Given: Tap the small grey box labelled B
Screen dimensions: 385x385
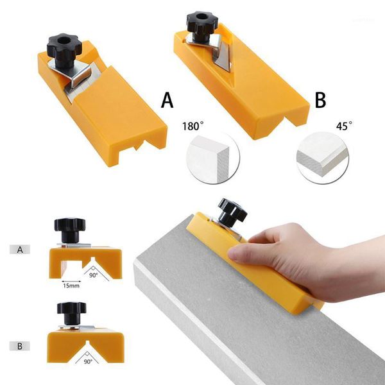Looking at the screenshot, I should tap(20, 346).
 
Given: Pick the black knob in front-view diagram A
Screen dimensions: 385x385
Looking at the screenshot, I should tap(69, 227).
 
